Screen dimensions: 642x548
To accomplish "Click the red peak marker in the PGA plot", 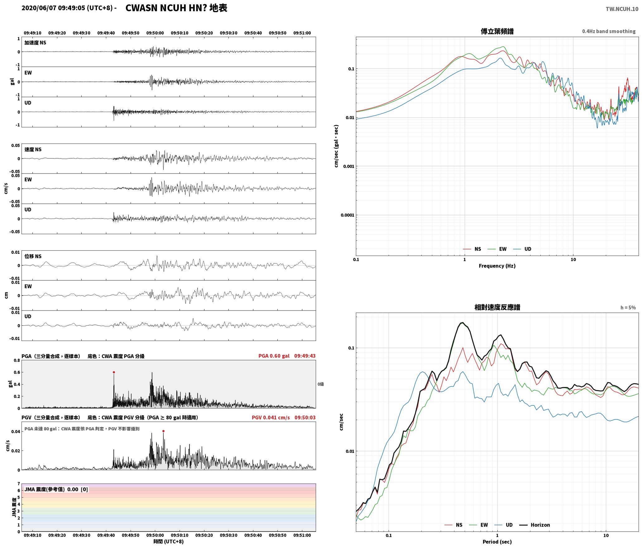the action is point(114,372).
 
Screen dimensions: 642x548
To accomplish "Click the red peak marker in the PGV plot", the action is point(163,431).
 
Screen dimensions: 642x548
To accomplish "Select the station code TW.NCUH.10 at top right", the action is point(622,9).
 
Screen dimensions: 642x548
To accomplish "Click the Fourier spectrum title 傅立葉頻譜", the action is point(497,31).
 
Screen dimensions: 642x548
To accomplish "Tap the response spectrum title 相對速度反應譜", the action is point(497,307).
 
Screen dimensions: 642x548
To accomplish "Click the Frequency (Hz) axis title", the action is point(497,266).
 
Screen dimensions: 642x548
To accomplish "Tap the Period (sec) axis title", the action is point(497,542).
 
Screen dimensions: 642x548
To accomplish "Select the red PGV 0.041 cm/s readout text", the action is point(271,418).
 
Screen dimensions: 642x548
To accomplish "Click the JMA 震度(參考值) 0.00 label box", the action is point(56,489).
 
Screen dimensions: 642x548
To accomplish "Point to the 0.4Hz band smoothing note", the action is point(609,31).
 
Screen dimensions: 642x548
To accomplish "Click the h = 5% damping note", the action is point(628,308).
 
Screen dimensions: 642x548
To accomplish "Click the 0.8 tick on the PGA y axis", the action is point(17,361).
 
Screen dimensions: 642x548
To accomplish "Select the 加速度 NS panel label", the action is point(35,43).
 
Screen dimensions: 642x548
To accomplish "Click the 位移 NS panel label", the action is point(33,257).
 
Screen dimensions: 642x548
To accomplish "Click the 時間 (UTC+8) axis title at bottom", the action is point(169,541).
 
